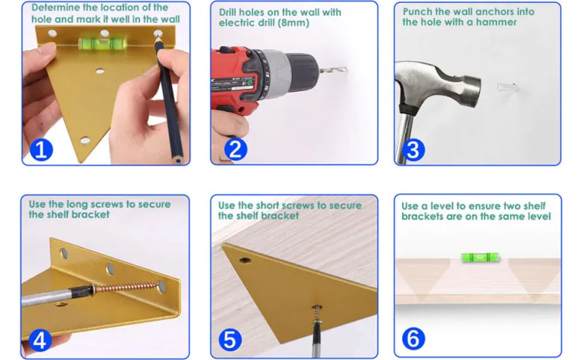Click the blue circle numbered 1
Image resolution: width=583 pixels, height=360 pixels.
pyautogui.click(x=41, y=150)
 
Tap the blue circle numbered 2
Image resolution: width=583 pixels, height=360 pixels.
pyautogui.click(x=235, y=149)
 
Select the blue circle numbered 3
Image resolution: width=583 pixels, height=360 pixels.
pyautogui.click(x=413, y=150)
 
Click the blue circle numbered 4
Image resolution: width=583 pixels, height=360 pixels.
pyautogui.click(x=40, y=340)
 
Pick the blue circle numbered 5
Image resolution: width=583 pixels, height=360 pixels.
pyautogui.click(x=230, y=340)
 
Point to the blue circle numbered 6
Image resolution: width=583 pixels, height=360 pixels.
pyautogui.click(x=413, y=339)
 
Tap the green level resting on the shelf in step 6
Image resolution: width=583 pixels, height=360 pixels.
pyautogui.click(x=480, y=257)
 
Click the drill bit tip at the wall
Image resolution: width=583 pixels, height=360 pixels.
pyautogui.click(x=345, y=69)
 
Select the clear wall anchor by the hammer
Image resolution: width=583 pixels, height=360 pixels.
pyautogui.click(x=508, y=87)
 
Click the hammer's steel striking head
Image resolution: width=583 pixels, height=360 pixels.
pyautogui.click(x=470, y=90)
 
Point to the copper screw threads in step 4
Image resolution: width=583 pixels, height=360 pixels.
pyautogui.click(x=126, y=288)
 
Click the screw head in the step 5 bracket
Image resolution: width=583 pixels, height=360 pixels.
pyautogui.click(x=317, y=308)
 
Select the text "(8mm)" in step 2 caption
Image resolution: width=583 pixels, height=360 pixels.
pyautogui.click(x=294, y=23)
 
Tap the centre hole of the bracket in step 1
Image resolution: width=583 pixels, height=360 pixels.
pyautogui.click(x=100, y=71)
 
